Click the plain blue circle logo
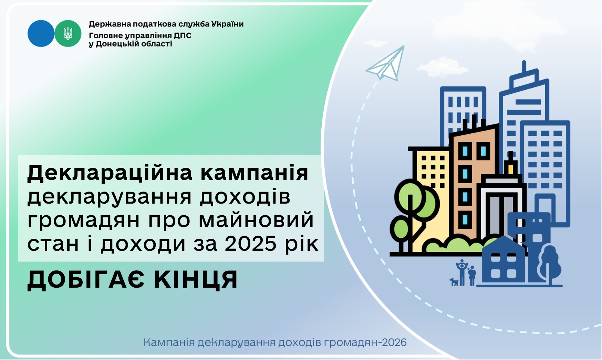point(41,33)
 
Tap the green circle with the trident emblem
point(68,33)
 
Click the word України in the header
point(227,24)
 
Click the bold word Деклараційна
point(110,173)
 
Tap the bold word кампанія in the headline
point(255,173)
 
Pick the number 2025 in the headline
point(251,244)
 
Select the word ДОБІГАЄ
point(86,280)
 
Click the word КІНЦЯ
point(196,280)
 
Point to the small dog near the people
point(454,281)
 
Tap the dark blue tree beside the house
point(549,264)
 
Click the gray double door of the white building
point(499,215)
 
